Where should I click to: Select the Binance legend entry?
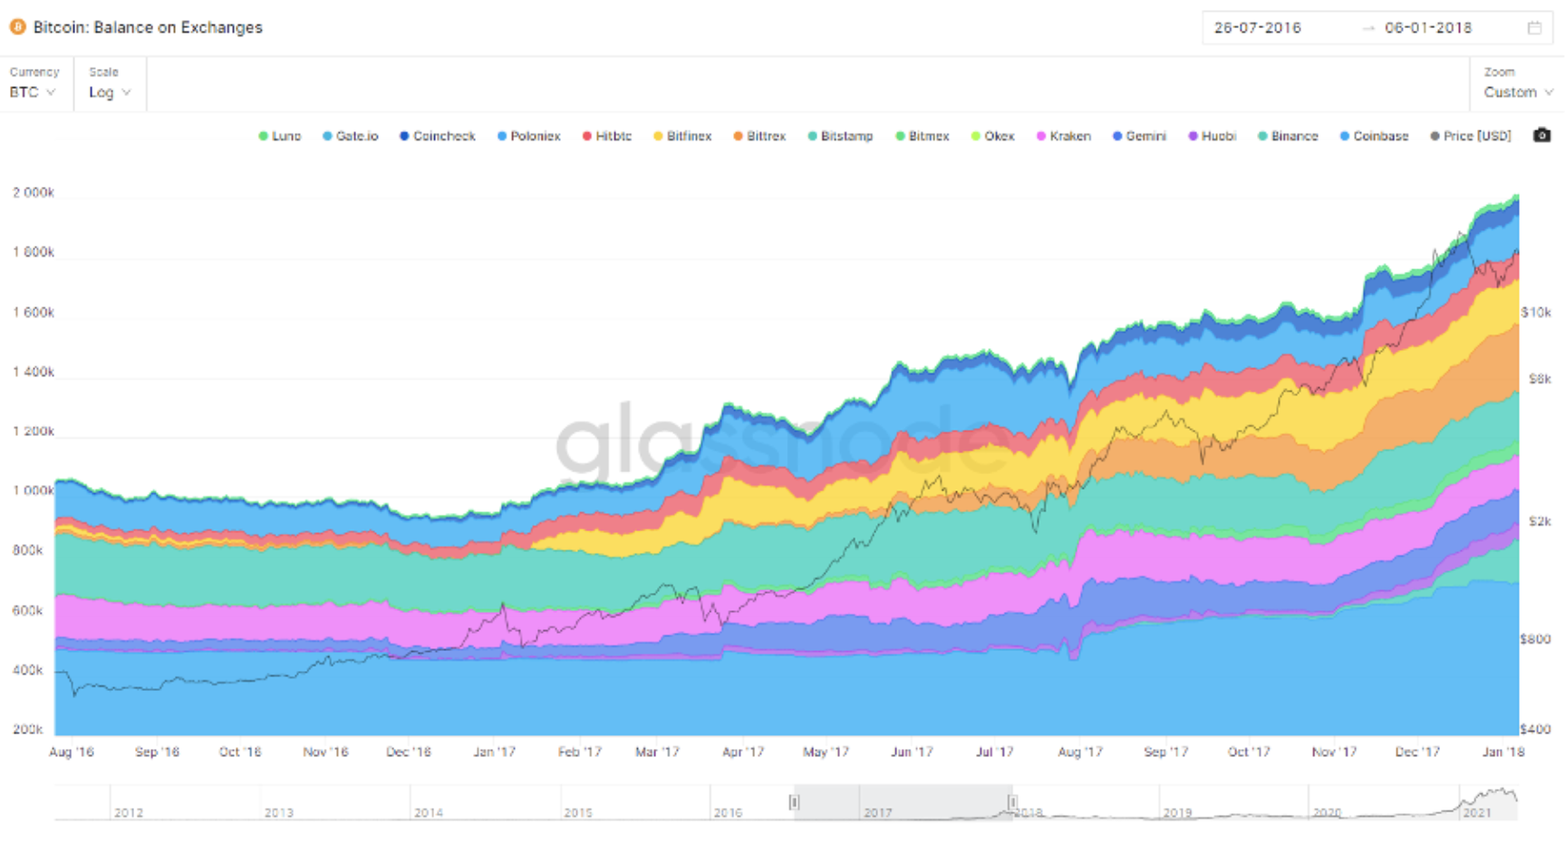pos(1288,136)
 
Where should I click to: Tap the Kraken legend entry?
pos(1064,136)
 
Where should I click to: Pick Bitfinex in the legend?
pos(682,136)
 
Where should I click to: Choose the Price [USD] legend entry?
pos(1471,136)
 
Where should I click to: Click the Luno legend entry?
pos(279,136)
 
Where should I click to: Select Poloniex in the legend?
pos(528,136)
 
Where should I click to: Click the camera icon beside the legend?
pos(1542,135)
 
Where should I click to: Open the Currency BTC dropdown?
pos(33,92)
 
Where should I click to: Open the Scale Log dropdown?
pos(110,92)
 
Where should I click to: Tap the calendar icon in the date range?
pos(1534,28)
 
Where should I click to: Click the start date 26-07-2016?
pos(1257,28)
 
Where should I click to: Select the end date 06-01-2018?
pos(1428,28)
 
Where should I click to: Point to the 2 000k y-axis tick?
pos(34,192)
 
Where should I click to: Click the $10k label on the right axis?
pos(1536,312)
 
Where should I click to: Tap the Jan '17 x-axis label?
pos(494,752)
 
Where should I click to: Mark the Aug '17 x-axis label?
pos(1080,752)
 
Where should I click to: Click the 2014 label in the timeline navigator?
pos(429,812)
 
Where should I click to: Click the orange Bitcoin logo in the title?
pos(17,27)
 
